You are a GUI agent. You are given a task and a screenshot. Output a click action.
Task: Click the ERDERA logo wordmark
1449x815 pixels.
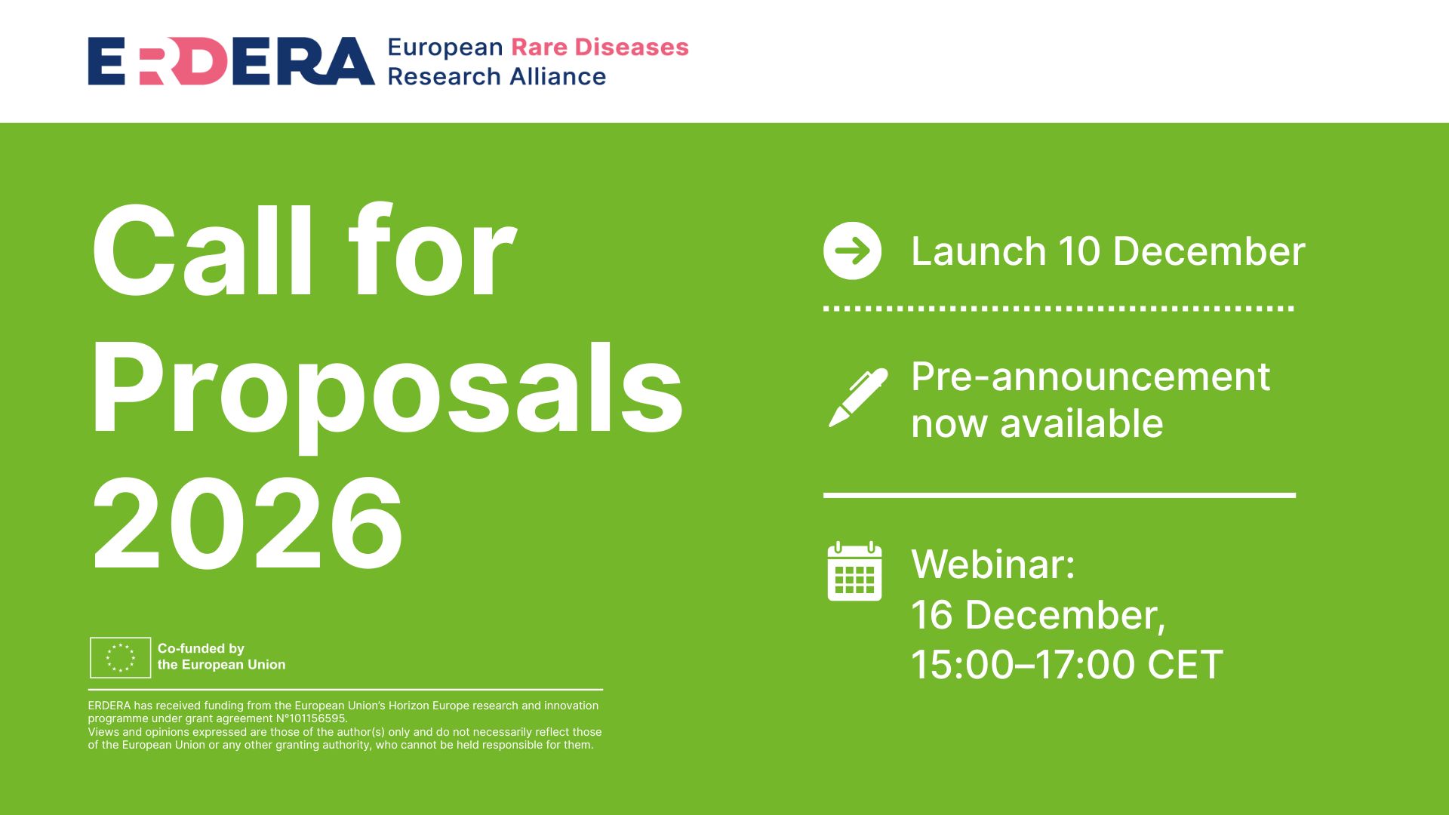231,61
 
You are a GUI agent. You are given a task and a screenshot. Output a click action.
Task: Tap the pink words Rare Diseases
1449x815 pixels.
600,47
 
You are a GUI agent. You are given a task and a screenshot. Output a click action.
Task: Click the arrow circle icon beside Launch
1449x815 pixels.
852,251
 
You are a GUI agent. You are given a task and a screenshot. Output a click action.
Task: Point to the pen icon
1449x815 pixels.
857,398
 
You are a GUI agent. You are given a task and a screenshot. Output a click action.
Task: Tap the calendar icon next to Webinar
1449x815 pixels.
854,571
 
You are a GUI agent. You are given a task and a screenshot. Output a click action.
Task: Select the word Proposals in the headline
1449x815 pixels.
386,389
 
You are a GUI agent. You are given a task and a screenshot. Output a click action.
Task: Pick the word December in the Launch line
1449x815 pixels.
1208,251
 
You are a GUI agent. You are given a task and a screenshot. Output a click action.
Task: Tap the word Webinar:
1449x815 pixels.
992,564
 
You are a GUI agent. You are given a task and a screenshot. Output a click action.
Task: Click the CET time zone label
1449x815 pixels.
1185,665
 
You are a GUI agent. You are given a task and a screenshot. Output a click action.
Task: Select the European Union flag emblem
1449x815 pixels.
120,657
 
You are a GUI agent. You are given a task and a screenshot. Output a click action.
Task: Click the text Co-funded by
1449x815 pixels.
201,648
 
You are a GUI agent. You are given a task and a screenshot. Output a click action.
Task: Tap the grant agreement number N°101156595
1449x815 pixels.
311,718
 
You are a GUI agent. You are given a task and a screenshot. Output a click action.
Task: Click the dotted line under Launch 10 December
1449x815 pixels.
1058,309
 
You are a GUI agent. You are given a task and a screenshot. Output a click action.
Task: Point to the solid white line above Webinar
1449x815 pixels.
1059,496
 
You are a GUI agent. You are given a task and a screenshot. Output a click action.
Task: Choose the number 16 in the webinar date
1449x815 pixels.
932,615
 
